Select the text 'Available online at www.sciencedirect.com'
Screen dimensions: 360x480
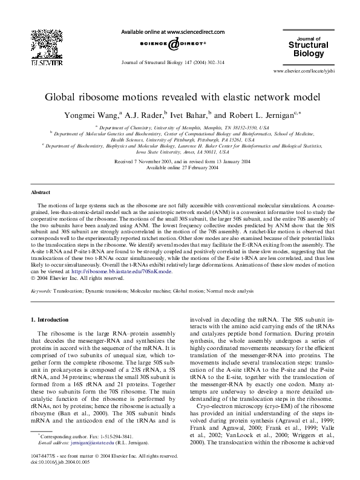point(173,31)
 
